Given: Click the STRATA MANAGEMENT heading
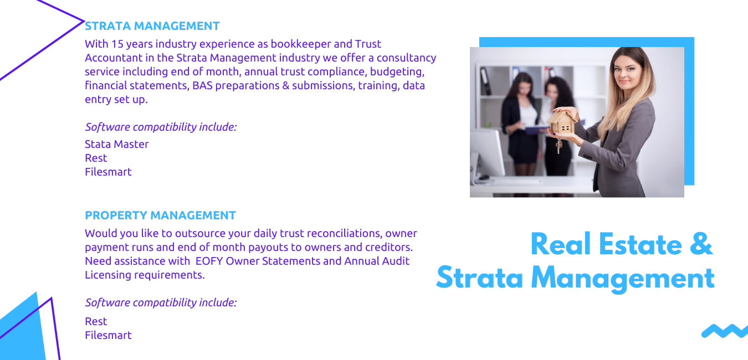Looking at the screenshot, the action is click(x=152, y=26).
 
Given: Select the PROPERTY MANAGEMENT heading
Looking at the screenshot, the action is click(x=160, y=215).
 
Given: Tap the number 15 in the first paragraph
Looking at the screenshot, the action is click(x=117, y=44).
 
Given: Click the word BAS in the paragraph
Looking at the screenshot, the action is click(x=202, y=86).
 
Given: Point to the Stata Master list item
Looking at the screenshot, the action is click(x=116, y=144).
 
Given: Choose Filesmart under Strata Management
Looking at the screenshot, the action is click(x=108, y=172).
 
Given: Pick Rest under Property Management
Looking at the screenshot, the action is click(x=96, y=321).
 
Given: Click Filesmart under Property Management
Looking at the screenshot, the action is click(x=108, y=335).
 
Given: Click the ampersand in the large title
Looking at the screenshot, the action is click(x=701, y=244).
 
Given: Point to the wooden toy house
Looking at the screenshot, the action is click(x=563, y=122).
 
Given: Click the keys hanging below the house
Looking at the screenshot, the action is click(x=559, y=144).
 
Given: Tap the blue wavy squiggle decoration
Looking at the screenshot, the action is click(x=725, y=331).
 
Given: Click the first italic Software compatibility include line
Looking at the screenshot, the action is click(x=161, y=127).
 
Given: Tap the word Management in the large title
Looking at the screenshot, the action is click(x=622, y=279).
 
